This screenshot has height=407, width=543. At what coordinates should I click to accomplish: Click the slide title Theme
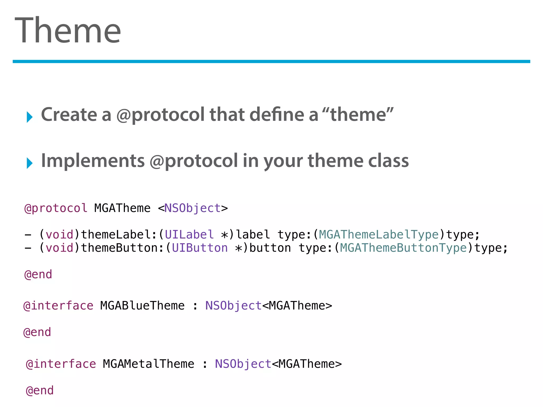coord(68,30)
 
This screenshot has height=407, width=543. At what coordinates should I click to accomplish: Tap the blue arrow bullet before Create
coord(29,117)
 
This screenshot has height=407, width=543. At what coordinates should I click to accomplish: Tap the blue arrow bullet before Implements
coord(29,163)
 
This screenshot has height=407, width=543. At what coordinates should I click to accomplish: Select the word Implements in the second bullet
coord(93,161)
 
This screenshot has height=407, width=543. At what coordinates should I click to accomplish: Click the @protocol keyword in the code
coord(56,208)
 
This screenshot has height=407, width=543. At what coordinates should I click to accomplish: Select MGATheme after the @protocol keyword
coord(122,208)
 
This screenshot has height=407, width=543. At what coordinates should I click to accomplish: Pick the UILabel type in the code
coord(189,235)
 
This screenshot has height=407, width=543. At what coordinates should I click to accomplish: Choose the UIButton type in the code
coord(200,248)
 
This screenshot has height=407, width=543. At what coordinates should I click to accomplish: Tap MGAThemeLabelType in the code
coord(379,235)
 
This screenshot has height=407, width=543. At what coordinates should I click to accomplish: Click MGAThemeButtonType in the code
coord(403,248)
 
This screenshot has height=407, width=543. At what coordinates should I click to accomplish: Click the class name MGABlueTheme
coord(142,306)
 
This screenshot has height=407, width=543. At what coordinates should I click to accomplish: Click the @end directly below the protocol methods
coord(38,275)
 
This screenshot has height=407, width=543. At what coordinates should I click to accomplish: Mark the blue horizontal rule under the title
coord(271,61)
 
